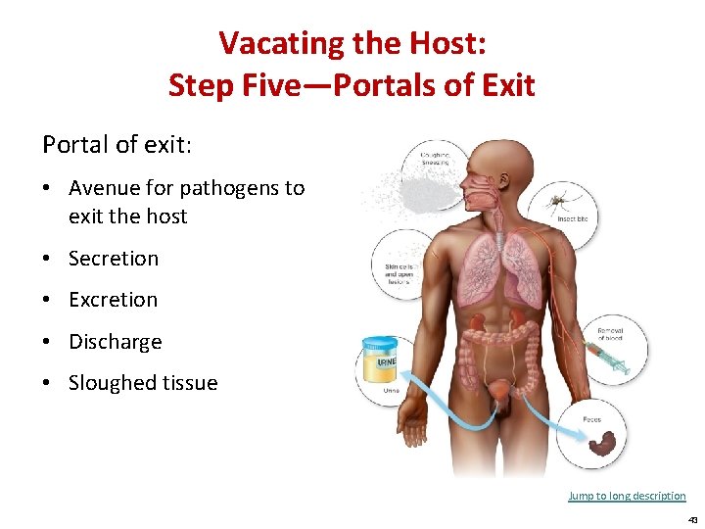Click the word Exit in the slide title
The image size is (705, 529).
click(506, 85)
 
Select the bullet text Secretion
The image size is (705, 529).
click(113, 259)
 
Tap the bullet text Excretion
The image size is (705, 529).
click(113, 300)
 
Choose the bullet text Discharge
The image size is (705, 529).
click(115, 342)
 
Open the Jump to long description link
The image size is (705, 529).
click(627, 496)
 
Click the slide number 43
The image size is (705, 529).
click(691, 519)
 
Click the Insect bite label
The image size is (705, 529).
click(573, 219)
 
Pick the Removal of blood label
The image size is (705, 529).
click(609, 334)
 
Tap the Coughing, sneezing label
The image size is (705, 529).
click(436, 157)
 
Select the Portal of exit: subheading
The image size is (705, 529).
click(117, 145)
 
